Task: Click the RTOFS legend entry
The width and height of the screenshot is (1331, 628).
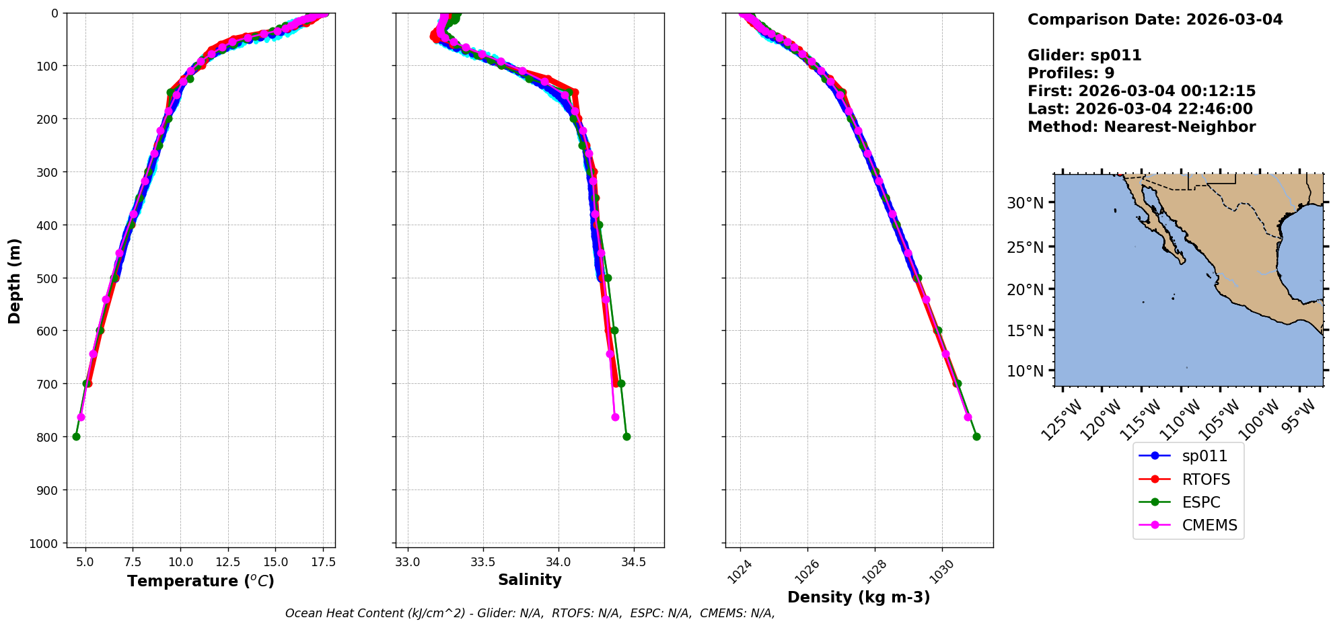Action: [x=1205, y=479]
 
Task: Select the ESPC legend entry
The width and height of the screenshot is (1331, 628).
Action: [x=1200, y=502]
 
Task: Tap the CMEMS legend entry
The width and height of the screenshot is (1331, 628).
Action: [x=1209, y=525]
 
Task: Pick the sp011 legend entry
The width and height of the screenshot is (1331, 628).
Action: [x=1204, y=456]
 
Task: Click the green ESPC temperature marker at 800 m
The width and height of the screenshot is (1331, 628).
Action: [x=76, y=436]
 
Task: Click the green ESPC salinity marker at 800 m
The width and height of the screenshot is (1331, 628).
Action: [x=626, y=436]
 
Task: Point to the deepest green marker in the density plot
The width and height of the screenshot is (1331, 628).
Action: [x=976, y=436]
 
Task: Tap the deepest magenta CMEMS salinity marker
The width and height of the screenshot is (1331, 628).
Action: [x=615, y=417]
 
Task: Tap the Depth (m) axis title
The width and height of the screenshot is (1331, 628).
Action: [x=15, y=280]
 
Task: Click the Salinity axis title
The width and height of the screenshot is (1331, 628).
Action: [x=530, y=580]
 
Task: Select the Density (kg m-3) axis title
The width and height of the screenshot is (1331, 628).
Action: [x=859, y=597]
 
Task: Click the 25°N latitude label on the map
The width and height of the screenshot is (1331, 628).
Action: [x=1025, y=247]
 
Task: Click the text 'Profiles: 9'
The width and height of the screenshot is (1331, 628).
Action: [x=1071, y=73]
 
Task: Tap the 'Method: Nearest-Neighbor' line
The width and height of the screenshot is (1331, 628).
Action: [x=1141, y=127]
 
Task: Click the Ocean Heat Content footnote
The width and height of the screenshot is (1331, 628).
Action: [x=530, y=613]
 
